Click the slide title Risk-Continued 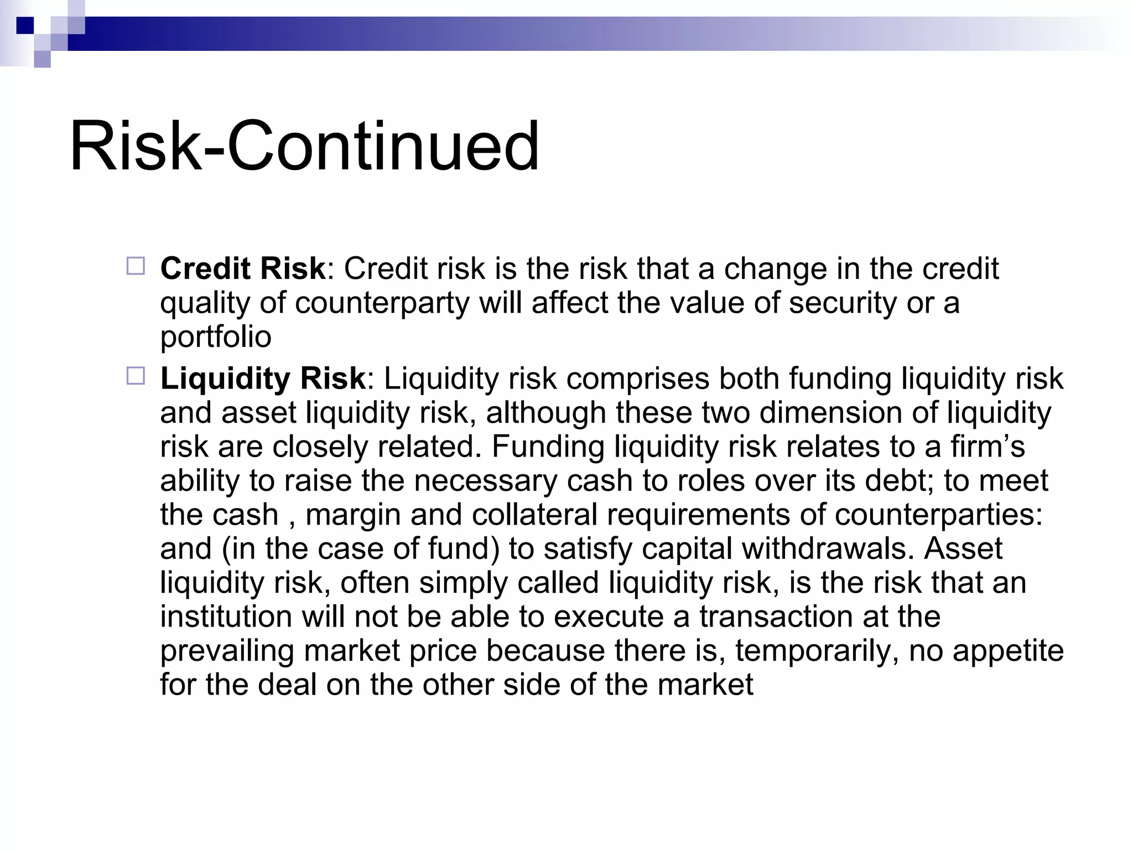tap(304, 147)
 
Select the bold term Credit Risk tap(242, 269)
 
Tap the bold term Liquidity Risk tap(263, 379)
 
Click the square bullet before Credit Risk tap(136, 266)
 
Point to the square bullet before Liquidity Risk tap(136, 376)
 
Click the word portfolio tap(216, 338)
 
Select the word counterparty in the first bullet tap(382, 304)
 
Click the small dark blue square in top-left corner tap(25, 25)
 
